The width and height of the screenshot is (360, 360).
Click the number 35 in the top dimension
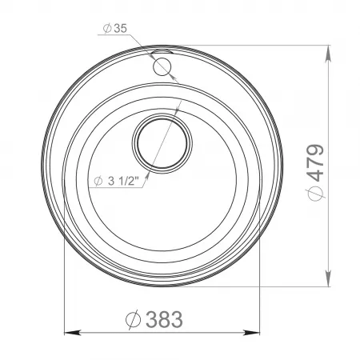(x=121, y=28)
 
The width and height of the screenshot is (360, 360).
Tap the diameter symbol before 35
(x=107, y=28)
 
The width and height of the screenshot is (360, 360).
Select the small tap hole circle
(x=162, y=66)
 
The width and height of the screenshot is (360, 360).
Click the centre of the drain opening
(x=162, y=144)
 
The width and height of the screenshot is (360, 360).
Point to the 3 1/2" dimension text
(x=117, y=181)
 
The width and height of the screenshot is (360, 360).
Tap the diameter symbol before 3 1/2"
(x=98, y=181)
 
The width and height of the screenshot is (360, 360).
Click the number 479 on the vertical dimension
(x=315, y=163)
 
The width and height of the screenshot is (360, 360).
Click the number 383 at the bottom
(x=164, y=319)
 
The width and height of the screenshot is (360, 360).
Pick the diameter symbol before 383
(x=133, y=320)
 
